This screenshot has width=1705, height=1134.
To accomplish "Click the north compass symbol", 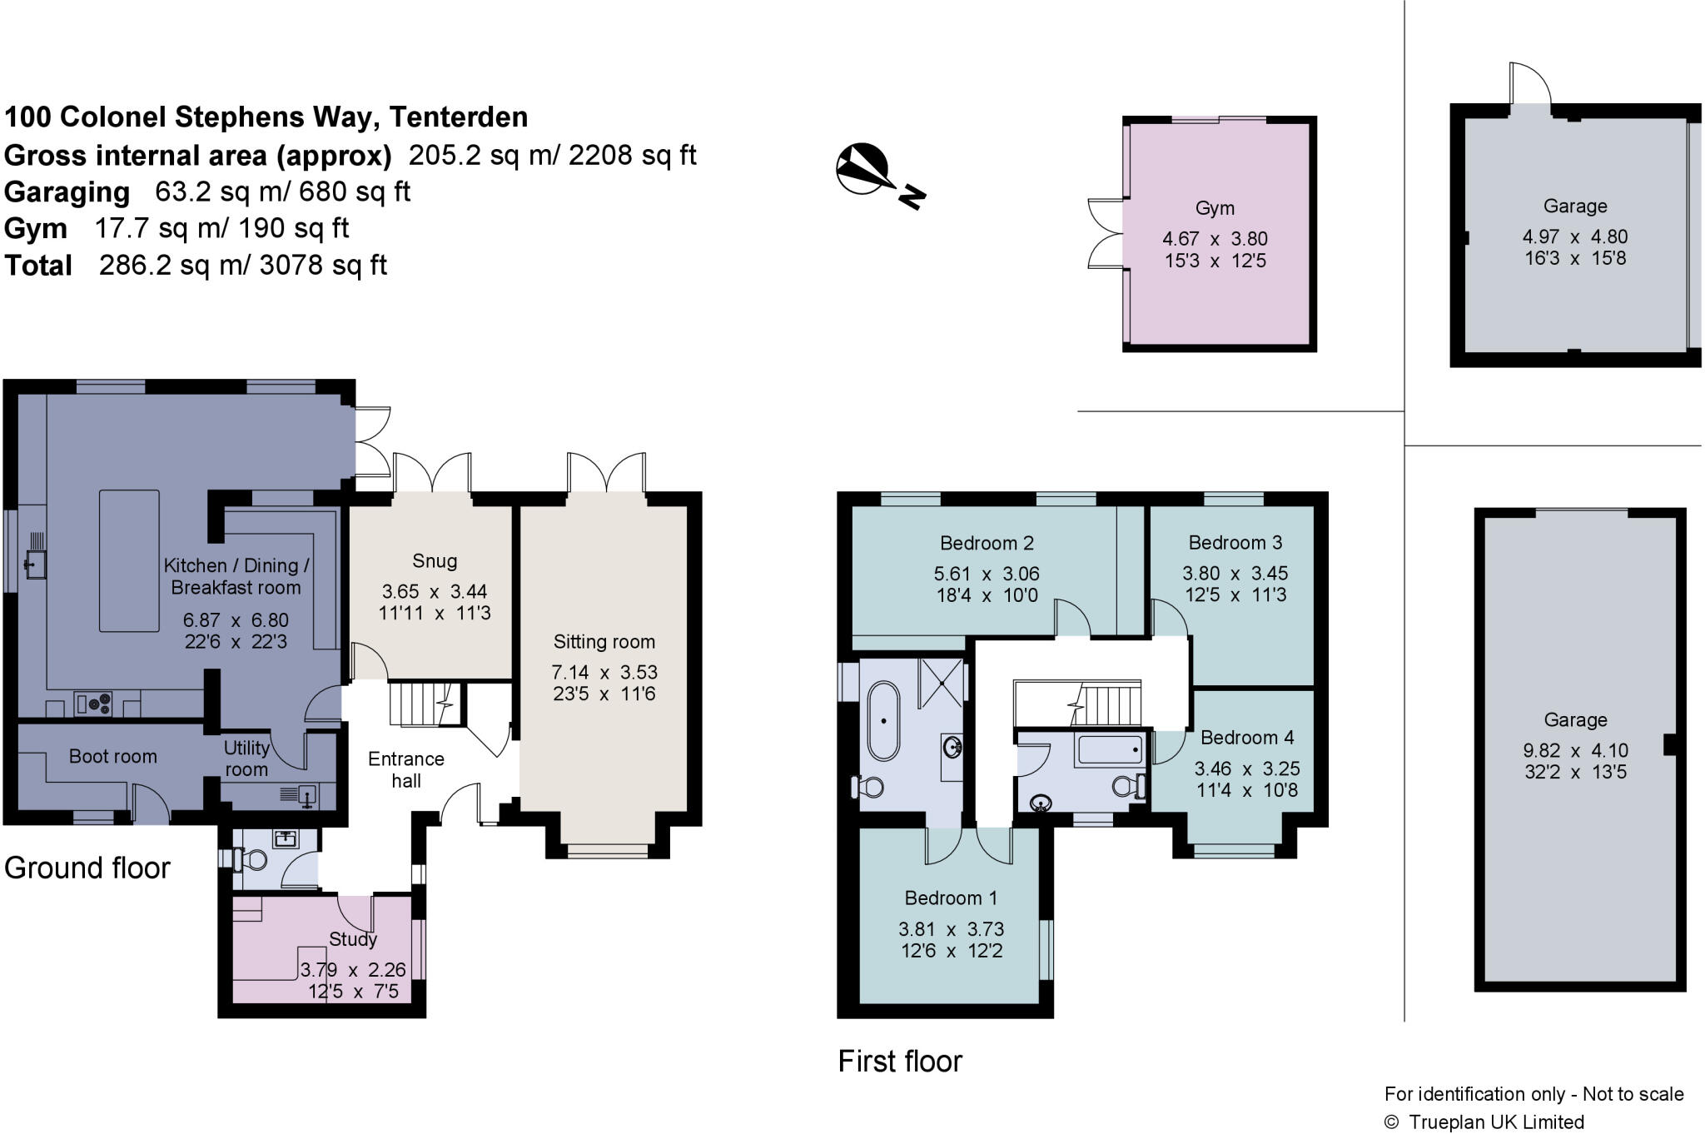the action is pyautogui.click(x=879, y=176).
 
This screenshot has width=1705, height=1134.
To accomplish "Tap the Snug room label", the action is pyautogui.click(x=435, y=561).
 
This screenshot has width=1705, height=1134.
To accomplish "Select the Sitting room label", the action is pyautogui.click(x=604, y=642).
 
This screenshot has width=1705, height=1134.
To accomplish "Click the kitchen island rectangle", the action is pyautogui.click(x=129, y=560).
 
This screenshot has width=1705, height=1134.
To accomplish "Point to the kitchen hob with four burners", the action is pyautogui.click(x=94, y=704).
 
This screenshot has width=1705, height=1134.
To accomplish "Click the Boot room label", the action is pyautogui.click(x=112, y=756).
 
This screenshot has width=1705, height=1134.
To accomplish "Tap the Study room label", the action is pyautogui.click(x=353, y=939).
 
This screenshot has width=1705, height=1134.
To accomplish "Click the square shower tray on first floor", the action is pyautogui.click(x=942, y=682).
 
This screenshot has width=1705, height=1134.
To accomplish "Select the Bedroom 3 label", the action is pyautogui.click(x=1235, y=543).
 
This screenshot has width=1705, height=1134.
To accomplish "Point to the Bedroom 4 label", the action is pyautogui.click(x=1247, y=738).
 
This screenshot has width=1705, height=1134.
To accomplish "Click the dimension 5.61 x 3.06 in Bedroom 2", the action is pyautogui.click(x=987, y=574).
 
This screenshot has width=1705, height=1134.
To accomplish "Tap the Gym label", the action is pyautogui.click(x=1215, y=208).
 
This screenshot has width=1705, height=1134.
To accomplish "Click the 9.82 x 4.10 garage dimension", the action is pyautogui.click(x=1575, y=750).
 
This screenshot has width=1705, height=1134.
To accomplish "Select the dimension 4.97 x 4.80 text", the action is pyautogui.click(x=1575, y=236).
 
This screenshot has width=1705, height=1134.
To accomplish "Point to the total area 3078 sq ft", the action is pyautogui.click(x=323, y=265).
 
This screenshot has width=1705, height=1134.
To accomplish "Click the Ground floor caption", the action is pyautogui.click(x=87, y=868).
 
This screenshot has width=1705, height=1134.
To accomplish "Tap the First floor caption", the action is pyautogui.click(x=900, y=1061).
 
